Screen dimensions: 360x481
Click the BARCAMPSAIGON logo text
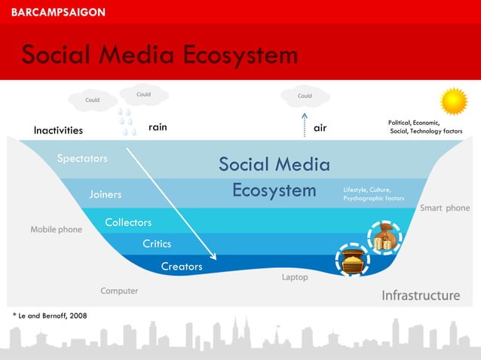coord(58,12)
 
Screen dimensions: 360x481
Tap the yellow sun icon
coord(454,101)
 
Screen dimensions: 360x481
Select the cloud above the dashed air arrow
coord(305,96)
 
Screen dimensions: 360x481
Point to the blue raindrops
coord(127,121)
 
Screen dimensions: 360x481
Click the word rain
coord(158,128)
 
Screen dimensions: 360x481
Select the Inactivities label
coord(58,130)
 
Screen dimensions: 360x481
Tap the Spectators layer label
coord(82,159)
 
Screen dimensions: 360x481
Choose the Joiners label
coord(106,195)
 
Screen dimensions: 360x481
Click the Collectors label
coord(128,222)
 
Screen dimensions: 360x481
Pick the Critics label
coord(157,244)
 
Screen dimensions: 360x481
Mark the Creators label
coord(182,267)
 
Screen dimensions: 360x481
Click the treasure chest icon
coord(351,261)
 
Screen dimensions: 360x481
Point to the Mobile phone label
coord(57,229)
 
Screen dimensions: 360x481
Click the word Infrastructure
coord(421,294)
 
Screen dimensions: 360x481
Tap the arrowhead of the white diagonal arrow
coord(204,256)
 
